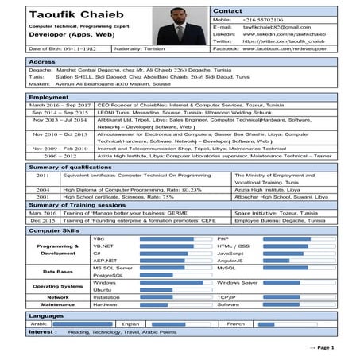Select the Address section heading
[x=41, y=61]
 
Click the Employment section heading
[x=48, y=96]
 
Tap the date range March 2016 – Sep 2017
[x=60, y=105]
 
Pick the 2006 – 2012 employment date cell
[x=60, y=157]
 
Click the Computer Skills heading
[x=54, y=230]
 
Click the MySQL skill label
[x=227, y=268]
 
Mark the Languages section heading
[x=46, y=315]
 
